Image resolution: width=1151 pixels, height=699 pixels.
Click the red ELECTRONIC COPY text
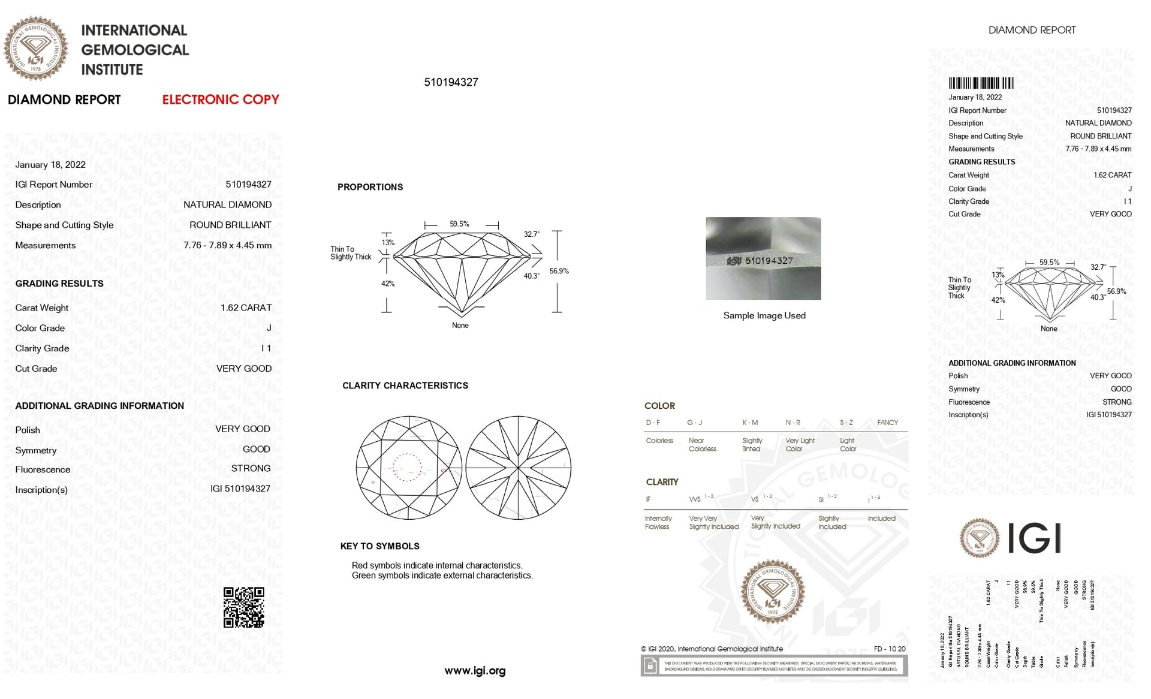(221, 100)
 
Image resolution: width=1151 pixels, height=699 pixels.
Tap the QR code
(243, 607)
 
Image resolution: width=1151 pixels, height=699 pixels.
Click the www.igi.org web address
(475, 671)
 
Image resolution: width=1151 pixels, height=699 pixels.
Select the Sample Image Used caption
(764, 315)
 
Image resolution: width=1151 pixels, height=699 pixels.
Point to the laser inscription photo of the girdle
(763, 258)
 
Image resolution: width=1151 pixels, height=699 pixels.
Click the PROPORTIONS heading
(370, 187)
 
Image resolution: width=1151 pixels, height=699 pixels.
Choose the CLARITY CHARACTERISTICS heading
(405, 385)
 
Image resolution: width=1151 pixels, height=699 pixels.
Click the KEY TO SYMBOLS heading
(379, 546)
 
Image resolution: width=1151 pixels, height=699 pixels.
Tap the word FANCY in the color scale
(887, 423)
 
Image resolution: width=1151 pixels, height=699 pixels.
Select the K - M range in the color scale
(750, 423)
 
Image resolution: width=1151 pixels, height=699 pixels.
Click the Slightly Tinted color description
(752, 444)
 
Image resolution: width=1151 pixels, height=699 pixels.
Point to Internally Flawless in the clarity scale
(658, 522)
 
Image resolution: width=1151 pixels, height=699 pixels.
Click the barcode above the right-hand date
(981, 83)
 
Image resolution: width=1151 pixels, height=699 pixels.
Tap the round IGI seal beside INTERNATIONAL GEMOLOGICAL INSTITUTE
(35, 49)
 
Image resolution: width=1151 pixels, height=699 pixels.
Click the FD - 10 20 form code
(889, 649)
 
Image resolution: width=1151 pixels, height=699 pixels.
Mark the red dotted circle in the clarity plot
(407, 467)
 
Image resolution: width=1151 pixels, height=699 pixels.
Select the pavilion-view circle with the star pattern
(518, 468)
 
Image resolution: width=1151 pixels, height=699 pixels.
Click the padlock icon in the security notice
(650, 665)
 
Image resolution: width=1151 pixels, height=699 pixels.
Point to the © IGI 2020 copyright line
(712, 649)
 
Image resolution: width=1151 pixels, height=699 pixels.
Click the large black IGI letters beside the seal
(1034, 538)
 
